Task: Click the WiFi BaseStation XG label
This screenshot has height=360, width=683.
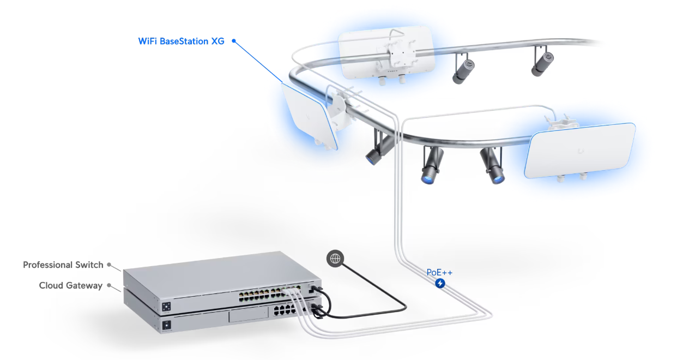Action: tap(181, 41)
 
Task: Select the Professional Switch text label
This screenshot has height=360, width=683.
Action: tap(63, 265)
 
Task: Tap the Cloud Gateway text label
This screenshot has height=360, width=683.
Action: tap(71, 286)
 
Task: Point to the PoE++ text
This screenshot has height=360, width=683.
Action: tap(439, 272)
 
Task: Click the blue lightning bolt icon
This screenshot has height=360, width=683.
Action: tap(440, 284)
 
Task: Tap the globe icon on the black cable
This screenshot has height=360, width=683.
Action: tap(335, 259)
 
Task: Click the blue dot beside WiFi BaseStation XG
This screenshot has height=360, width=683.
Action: tap(234, 41)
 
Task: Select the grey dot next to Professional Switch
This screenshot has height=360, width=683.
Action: tap(109, 265)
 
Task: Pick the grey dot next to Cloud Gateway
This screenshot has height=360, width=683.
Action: tap(109, 286)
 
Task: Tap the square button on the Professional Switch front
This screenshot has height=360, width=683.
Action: tap(166, 307)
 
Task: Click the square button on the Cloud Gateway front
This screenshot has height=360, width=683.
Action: tap(166, 325)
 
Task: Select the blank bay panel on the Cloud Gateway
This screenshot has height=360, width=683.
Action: tap(248, 315)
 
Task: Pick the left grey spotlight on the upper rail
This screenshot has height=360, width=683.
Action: tap(463, 69)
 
